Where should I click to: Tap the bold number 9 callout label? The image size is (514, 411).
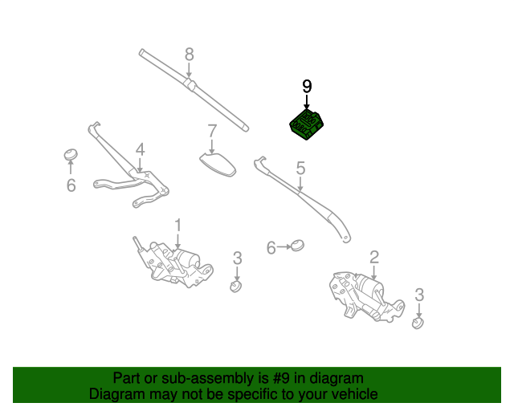pyautogui.click(x=306, y=87)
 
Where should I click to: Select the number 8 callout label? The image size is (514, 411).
pyautogui.click(x=190, y=55)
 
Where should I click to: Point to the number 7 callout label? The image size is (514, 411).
pyautogui.click(x=212, y=131)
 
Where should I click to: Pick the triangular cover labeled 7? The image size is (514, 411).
pyautogui.click(x=217, y=163)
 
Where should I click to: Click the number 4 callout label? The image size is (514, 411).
pyautogui.click(x=140, y=149)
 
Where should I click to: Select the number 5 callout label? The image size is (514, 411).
pyautogui.click(x=300, y=169)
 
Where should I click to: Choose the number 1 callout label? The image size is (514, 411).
pyautogui.click(x=178, y=226)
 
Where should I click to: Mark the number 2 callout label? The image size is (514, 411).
pyautogui.click(x=373, y=257)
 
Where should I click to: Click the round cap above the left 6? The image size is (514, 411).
pyautogui.click(x=71, y=153)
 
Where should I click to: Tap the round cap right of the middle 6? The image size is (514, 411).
pyautogui.click(x=298, y=245)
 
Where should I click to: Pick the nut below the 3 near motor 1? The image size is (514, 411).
pyautogui.click(x=236, y=286)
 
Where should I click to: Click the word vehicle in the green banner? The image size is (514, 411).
pyautogui.click(x=354, y=394)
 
